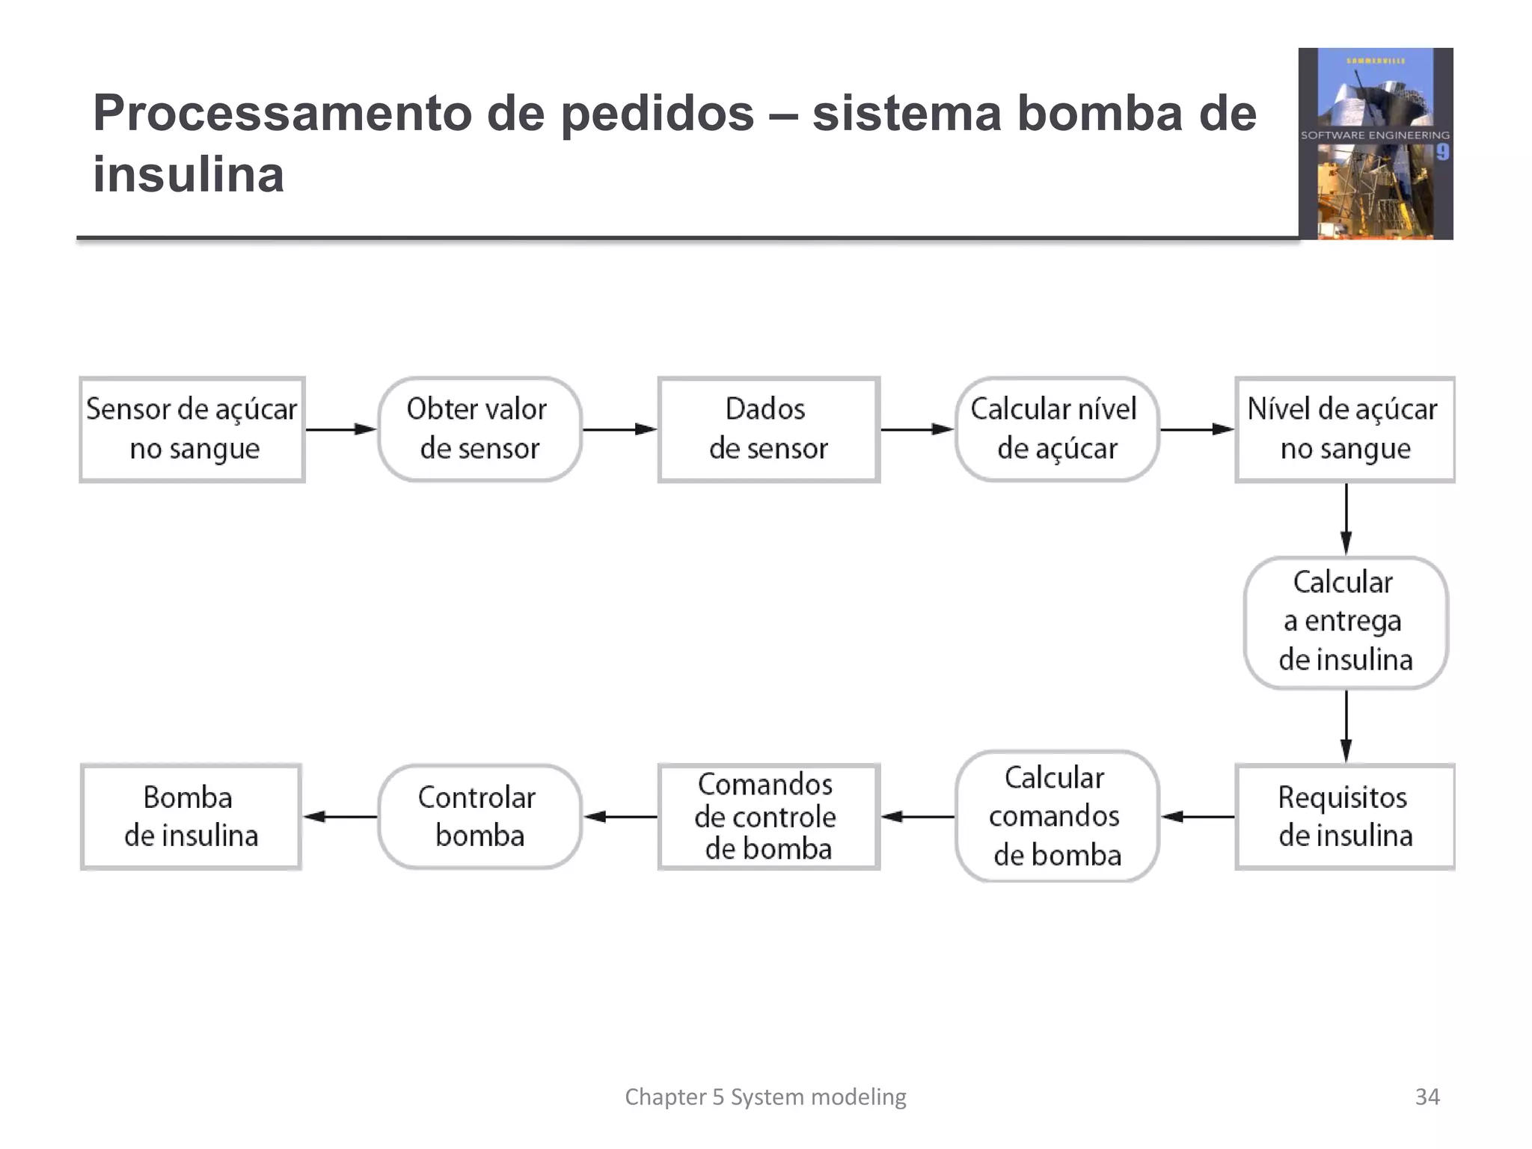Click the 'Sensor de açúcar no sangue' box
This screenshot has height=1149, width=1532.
[192, 429]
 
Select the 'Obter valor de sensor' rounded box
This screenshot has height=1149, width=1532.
[479, 429]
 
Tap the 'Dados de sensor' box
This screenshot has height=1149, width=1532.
[768, 429]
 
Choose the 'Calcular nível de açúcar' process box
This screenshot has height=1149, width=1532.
[1056, 429]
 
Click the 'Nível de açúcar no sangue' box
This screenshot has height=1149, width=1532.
[1344, 429]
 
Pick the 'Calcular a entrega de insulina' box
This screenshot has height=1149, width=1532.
[1345, 622]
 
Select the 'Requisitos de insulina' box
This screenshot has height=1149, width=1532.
[1344, 816]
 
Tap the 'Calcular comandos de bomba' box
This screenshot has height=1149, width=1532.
[1056, 816]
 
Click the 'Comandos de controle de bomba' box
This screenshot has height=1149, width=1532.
[768, 816]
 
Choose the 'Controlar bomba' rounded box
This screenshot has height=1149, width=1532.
[479, 816]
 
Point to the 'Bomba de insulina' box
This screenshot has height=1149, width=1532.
[191, 816]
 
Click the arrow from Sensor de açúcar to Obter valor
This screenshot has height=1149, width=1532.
[340, 429]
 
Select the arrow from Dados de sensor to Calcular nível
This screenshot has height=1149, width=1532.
[916, 429]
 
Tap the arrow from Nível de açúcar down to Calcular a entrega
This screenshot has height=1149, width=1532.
[1346, 518]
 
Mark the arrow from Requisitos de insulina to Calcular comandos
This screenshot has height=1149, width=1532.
[1197, 816]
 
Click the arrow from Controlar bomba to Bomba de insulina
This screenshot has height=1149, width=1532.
[340, 816]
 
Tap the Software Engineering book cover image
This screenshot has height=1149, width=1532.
[1375, 144]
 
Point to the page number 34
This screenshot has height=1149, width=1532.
[1427, 1097]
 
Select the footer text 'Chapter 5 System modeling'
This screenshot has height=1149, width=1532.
[765, 1097]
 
